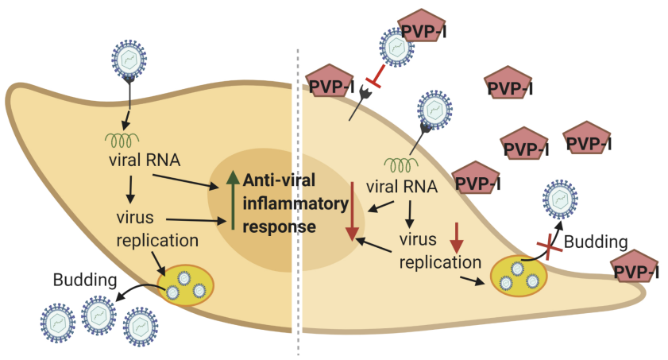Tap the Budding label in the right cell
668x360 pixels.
(x=600, y=242)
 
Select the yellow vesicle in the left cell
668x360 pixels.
(x=185, y=281)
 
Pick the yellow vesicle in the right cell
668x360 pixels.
(x=519, y=274)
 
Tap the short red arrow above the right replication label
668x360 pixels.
(x=457, y=233)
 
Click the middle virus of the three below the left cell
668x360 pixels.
(x=100, y=316)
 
